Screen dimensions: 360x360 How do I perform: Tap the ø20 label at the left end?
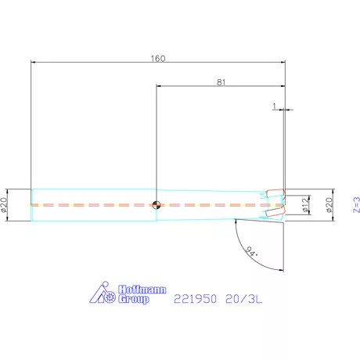point(5,205)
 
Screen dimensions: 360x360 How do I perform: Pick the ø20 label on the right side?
point(329,205)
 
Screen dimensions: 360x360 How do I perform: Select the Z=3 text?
point(355,205)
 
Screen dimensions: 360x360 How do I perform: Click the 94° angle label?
point(251,252)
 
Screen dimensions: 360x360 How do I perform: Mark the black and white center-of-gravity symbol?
point(157,205)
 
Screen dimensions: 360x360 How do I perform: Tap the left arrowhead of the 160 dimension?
point(34,63)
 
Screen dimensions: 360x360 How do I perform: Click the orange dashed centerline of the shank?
point(94,205)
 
